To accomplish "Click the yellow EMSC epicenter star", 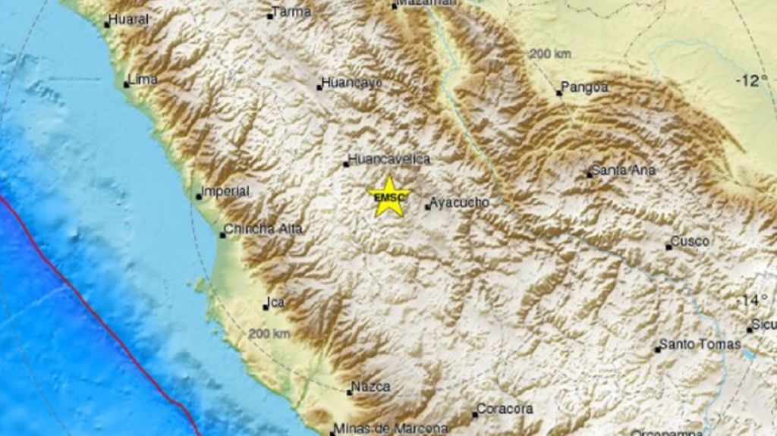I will [x=389, y=196].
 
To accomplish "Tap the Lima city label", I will [x=143, y=79].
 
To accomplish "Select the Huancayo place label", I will [x=351, y=83].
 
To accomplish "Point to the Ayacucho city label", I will [x=458, y=202].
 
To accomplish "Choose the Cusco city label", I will [x=691, y=242].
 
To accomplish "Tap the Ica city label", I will [x=277, y=303].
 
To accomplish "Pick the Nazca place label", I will [x=372, y=387].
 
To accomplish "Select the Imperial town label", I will [x=226, y=192].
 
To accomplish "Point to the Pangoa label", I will [x=586, y=87].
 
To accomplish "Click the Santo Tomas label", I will [x=699, y=344].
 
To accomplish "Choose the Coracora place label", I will [x=505, y=409].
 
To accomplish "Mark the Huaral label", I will [x=128, y=20].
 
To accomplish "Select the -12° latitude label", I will [x=751, y=80].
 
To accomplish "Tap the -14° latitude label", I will [x=753, y=300].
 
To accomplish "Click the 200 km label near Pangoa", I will [x=550, y=54].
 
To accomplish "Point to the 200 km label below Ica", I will [x=269, y=334].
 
